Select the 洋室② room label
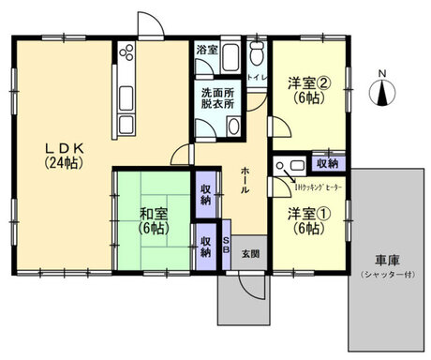click(306, 82)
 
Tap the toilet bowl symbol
click(258, 58)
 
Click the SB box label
click(226, 245)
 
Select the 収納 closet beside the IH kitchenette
click(328, 163)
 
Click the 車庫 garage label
click(385, 260)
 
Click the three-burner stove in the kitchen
click(127, 58)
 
